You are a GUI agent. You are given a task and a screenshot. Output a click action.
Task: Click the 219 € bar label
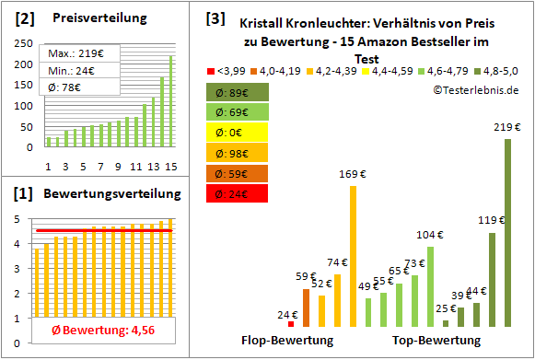pyautogui.click(x=506, y=127)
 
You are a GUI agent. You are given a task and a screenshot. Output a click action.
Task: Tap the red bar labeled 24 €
pyautogui.click(x=291, y=323)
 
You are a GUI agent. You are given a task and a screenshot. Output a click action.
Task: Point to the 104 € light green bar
pyautogui.click(x=430, y=286)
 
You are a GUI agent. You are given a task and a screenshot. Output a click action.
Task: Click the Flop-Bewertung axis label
pyautogui.click(x=287, y=341)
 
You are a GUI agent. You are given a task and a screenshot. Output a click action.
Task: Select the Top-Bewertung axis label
pyautogui.click(x=436, y=341)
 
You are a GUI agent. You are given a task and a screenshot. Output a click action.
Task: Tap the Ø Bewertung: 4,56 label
pyautogui.click(x=90, y=331)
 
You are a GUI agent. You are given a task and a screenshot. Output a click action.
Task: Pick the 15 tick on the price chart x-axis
pyautogui.click(x=169, y=166)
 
